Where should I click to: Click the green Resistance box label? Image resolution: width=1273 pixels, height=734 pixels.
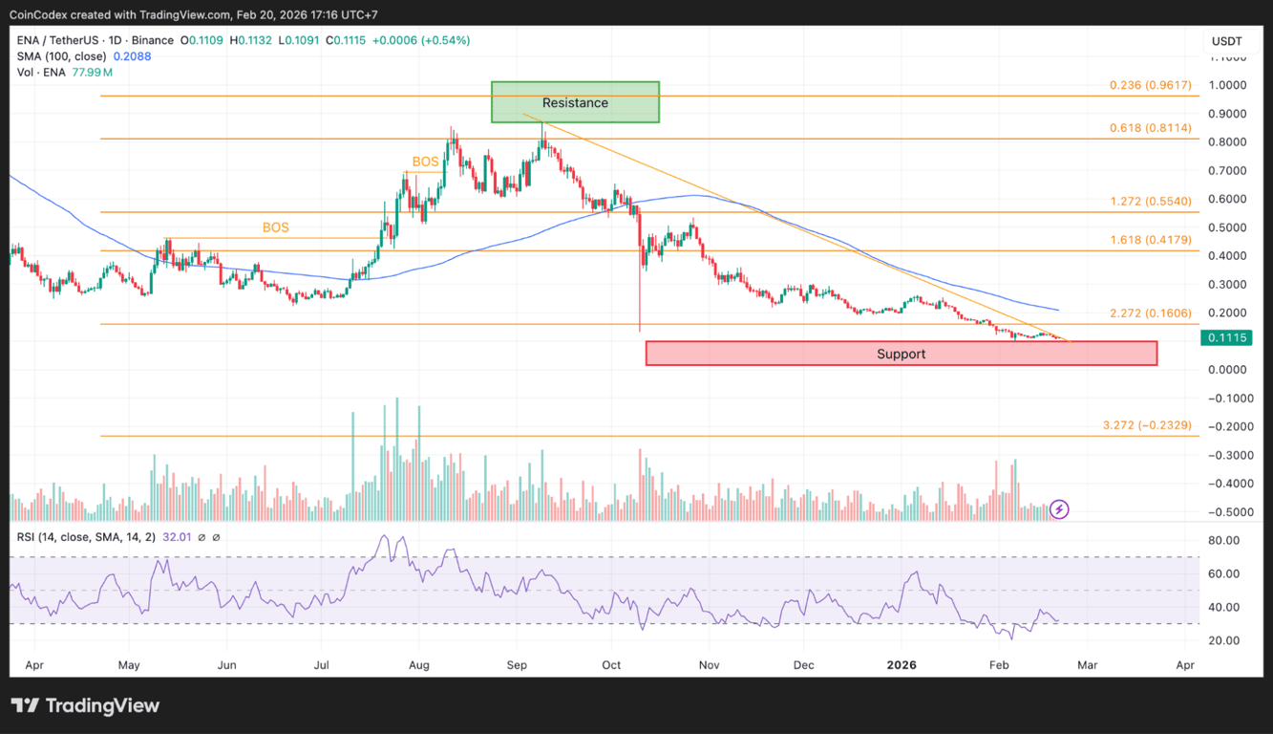click(x=575, y=103)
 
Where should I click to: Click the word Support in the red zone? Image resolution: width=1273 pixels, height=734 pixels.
click(x=901, y=355)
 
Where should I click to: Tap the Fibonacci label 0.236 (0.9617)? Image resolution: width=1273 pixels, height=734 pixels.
click(x=1150, y=85)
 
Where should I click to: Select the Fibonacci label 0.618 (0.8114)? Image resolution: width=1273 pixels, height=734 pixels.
click(x=1150, y=128)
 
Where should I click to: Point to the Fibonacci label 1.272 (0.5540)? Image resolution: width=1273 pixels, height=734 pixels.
click(x=1150, y=202)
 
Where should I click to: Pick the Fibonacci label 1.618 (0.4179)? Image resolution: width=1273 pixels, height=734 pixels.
click(x=1150, y=240)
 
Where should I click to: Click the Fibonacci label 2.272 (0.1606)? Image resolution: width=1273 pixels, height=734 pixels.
click(x=1150, y=313)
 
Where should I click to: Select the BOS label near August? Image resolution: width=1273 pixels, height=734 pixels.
click(x=425, y=162)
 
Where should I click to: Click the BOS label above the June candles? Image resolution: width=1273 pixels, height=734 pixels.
click(x=276, y=228)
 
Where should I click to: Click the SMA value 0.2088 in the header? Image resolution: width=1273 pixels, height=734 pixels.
click(x=132, y=56)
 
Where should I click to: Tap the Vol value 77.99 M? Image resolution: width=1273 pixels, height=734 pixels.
click(x=92, y=73)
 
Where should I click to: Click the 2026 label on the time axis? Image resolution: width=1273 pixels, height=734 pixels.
click(x=902, y=664)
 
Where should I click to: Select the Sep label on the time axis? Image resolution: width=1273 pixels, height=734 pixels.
click(x=517, y=664)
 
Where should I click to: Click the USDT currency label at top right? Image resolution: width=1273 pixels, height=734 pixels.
click(x=1226, y=41)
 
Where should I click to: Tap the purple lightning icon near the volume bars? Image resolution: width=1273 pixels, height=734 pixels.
click(x=1059, y=509)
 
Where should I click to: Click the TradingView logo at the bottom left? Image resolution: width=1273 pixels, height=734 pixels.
click(x=86, y=706)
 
